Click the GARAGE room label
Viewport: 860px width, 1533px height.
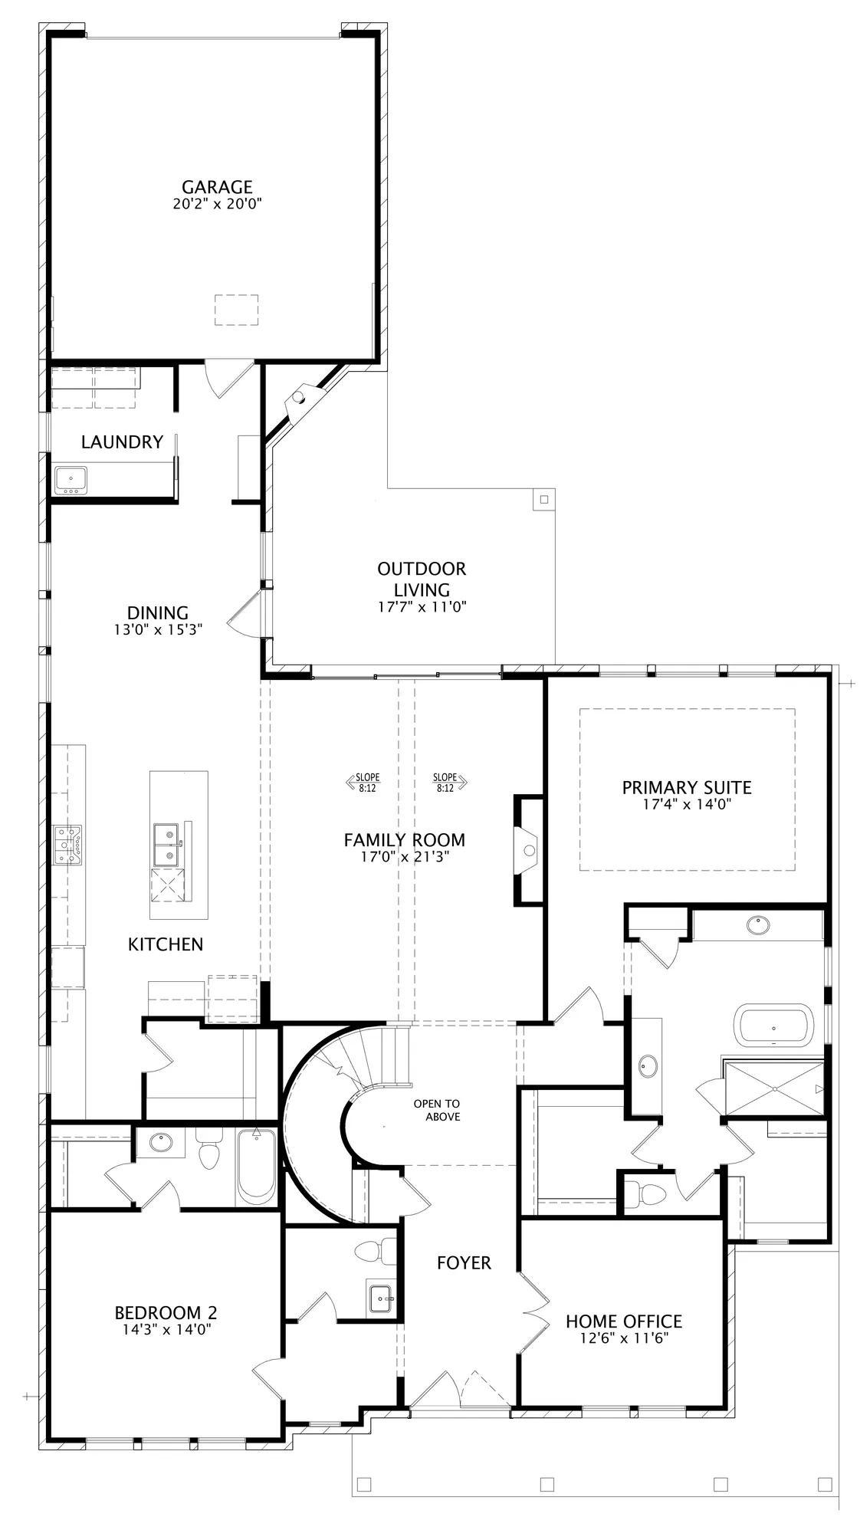tap(217, 187)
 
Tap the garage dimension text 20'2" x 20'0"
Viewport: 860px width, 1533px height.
tap(218, 205)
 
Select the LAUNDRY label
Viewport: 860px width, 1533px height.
tap(123, 442)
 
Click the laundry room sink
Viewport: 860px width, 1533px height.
tap(71, 480)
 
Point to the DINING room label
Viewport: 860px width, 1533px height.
tap(158, 612)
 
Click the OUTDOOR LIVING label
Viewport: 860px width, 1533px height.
tap(422, 579)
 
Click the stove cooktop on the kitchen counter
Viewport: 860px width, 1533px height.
tap(67, 845)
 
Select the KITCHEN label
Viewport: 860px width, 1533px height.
tap(166, 944)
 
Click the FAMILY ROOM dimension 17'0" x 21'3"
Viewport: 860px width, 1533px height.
tap(405, 857)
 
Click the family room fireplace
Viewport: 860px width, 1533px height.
tap(527, 849)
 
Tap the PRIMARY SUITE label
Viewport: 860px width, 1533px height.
tap(687, 787)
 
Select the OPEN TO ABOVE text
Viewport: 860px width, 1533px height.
tap(437, 1110)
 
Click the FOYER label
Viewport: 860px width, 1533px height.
tap(464, 1262)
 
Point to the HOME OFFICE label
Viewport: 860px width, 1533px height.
tap(624, 1321)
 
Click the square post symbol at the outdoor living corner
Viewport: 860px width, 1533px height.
tap(544, 500)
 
